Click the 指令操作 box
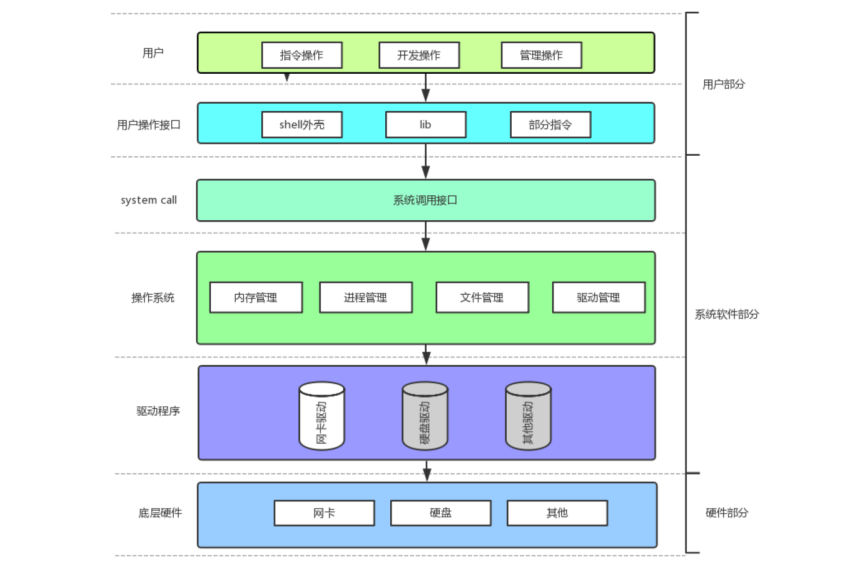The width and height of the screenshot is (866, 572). pos(301,55)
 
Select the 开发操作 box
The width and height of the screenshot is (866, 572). pos(419,55)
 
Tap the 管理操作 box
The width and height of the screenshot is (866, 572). pos(541,55)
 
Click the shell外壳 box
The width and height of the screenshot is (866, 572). pos(301,125)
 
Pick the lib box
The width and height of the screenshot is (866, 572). pos(426,125)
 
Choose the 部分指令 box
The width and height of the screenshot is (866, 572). pos(550,125)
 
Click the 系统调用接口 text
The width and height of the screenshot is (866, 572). pos(426,200)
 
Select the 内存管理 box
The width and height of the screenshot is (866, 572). pos(256,298)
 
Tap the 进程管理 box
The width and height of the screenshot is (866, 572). pos(365,298)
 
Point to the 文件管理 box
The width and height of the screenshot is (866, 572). pos(482,298)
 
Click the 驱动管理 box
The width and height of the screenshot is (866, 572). pos(599,298)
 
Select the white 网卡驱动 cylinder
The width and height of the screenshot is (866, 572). pos(321,416)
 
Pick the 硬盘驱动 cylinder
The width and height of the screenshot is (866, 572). pos(425,416)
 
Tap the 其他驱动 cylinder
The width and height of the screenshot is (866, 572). pos(528,416)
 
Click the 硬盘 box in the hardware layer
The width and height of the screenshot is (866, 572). pos(440,513)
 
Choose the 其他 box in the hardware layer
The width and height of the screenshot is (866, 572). pos(557,513)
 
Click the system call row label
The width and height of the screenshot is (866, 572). pos(149,200)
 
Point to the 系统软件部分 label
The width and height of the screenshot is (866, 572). pos(726,315)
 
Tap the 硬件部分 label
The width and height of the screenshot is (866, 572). pos(726,513)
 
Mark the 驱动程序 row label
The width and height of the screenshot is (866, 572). pos(158,411)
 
